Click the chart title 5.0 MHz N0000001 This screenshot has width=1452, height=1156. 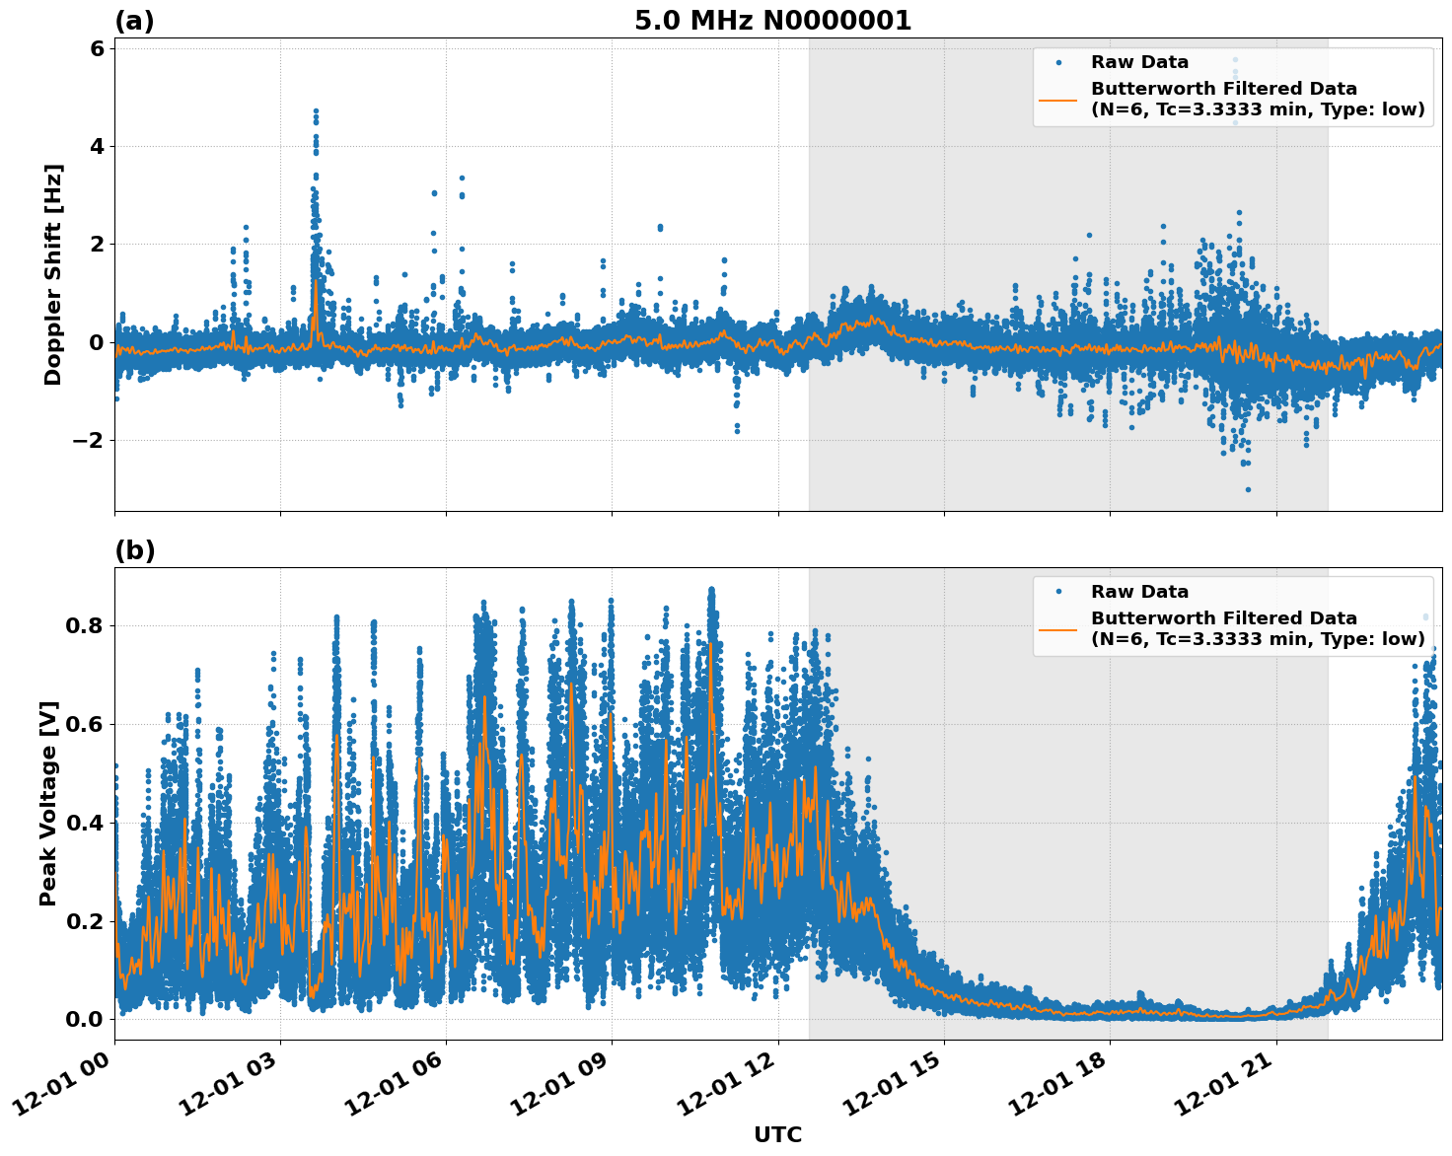click(x=772, y=21)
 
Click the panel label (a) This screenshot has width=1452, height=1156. click(x=134, y=21)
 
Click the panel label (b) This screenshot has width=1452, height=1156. click(x=134, y=550)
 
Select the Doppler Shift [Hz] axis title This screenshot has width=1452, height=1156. click(x=53, y=274)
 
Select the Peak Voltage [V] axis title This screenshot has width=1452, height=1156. click(x=48, y=803)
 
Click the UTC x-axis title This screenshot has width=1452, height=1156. click(x=777, y=1134)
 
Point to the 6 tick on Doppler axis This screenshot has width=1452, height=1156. click(x=97, y=48)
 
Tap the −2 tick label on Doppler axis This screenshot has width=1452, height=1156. click(x=89, y=440)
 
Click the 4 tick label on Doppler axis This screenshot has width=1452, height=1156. click(x=97, y=146)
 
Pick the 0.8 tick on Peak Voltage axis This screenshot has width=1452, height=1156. click(x=84, y=625)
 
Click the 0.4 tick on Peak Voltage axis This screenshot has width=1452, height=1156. click(x=84, y=823)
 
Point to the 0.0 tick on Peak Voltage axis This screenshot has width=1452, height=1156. click(x=84, y=1019)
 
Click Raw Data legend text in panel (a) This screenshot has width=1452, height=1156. click(x=1139, y=62)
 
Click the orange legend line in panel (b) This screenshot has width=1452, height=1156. click(x=1058, y=628)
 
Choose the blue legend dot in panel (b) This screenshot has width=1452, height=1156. click(x=1058, y=592)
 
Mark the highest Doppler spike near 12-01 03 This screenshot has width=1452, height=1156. click(x=316, y=110)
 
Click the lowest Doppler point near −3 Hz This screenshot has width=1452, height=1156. click(x=1248, y=489)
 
